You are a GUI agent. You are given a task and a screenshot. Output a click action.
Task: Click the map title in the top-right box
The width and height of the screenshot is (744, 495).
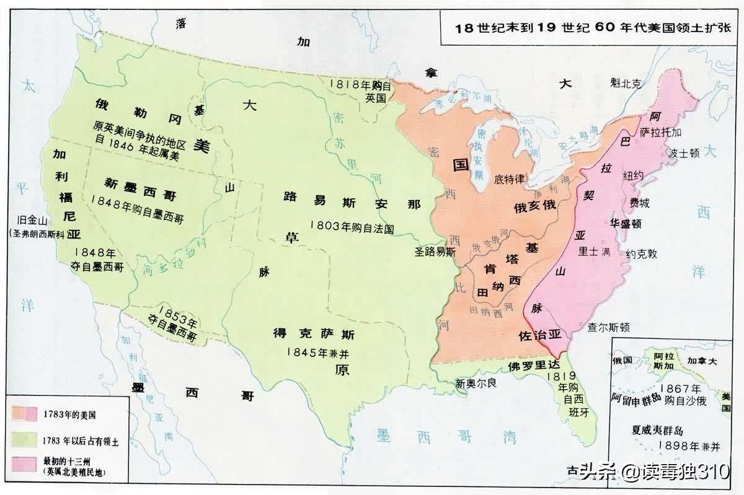coord(592,27)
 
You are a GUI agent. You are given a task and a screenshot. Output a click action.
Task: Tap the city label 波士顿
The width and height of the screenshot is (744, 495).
coord(684,152)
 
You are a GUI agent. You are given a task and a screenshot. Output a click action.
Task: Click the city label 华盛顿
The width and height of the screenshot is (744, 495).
coord(626,223)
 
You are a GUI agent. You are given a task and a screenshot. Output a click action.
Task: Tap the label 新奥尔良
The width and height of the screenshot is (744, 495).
coord(476,383)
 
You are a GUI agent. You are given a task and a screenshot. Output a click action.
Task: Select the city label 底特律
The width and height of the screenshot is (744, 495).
coord(510,179)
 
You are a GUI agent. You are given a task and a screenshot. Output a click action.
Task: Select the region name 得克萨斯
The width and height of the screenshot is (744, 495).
coord(314,335)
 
